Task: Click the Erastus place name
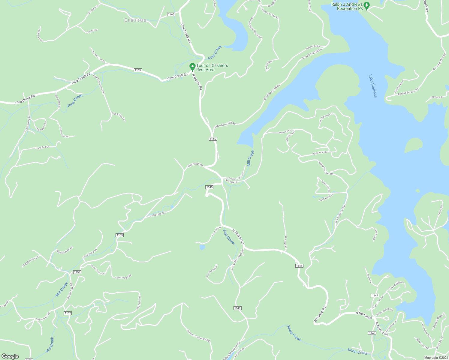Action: [135, 20]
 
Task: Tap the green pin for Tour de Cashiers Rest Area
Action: [192, 67]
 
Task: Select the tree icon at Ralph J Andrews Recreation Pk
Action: [366, 5]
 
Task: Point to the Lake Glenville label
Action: [373, 86]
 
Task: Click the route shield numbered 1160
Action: [171, 14]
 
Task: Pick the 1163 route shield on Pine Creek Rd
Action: [137, 70]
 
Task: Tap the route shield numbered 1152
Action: [68, 313]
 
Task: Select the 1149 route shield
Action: [237, 308]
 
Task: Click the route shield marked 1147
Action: [375, 295]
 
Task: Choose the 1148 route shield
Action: [372, 333]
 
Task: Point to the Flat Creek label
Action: [229, 237]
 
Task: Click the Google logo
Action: [10, 356]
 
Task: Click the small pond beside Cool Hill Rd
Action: [202, 247]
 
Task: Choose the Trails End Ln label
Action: [42, 147]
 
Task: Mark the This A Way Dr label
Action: [118, 116]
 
